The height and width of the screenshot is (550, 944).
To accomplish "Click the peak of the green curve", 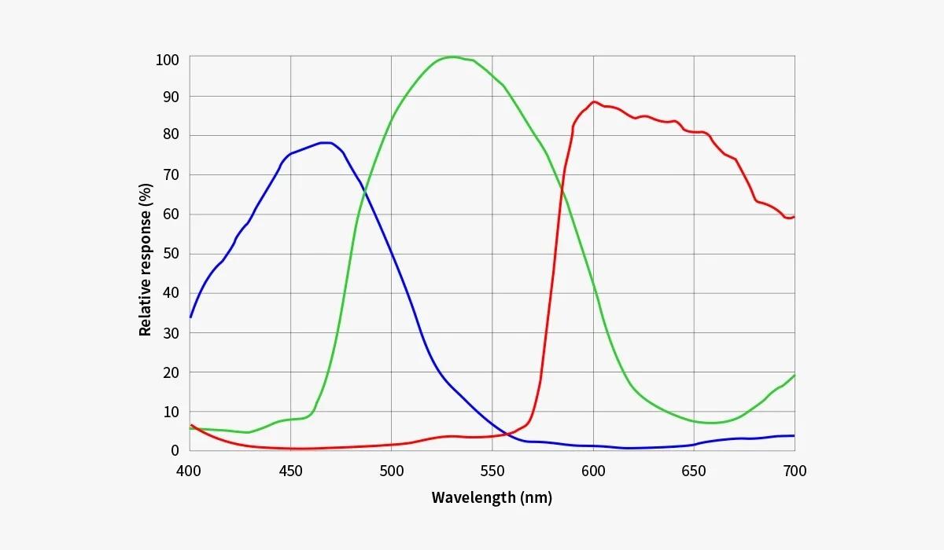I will tap(452, 57).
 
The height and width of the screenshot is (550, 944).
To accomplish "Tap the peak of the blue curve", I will tap(326, 142).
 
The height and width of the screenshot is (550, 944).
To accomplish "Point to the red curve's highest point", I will tap(594, 101).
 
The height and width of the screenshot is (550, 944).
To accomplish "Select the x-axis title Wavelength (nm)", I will tap(492, 497).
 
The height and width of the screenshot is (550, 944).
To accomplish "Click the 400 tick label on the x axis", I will tap(189, 471).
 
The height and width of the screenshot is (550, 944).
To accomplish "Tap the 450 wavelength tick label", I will tap(290, 471).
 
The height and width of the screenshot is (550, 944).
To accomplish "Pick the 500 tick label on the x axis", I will tap(391, 471).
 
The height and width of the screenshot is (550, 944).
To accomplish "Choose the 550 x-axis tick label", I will tap(492, 471).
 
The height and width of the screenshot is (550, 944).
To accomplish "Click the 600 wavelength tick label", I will tap(593, 471).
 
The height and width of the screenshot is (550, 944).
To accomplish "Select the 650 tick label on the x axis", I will tap(694, 471).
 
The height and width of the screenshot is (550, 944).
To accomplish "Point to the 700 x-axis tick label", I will tap(795, 471).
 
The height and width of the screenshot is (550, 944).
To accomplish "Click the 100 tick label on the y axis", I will tap(168, 60).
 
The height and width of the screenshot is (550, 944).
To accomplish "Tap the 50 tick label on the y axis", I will tap(171, 254).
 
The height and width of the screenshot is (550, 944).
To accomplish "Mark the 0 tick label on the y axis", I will tap(175, 450).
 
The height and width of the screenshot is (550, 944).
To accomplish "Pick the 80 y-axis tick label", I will tap(171, 135).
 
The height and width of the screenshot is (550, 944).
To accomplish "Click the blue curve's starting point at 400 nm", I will tap(190, 317).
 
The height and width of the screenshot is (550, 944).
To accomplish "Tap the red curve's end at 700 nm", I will tap(794, 217).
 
